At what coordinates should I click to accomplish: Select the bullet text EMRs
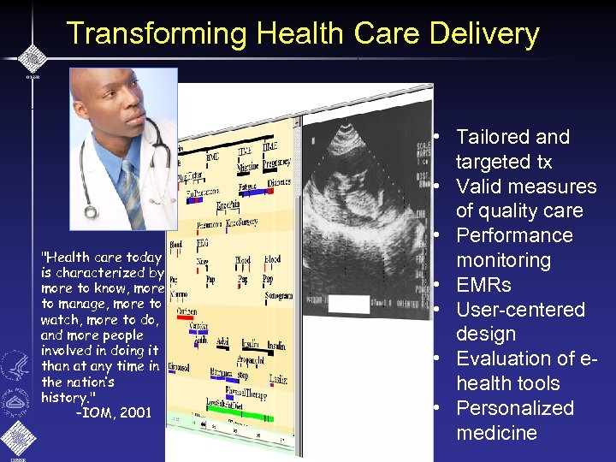[483, 285]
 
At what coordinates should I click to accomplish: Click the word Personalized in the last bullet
[514, 408]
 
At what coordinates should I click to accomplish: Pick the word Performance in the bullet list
[513, 235]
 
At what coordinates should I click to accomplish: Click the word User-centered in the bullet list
[520, 309]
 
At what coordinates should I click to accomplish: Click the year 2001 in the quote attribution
[135, 413]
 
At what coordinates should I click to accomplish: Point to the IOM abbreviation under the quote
[98, 413]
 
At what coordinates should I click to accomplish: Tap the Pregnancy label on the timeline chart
[276, 163]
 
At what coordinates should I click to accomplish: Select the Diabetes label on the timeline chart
[278, 183]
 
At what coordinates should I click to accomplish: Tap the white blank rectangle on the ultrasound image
[348, 305]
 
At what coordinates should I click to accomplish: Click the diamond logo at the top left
[33, 57]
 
